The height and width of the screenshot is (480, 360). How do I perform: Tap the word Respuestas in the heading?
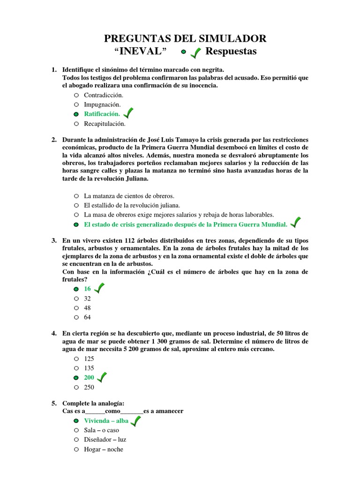pyautogui.click(x=232, y=51)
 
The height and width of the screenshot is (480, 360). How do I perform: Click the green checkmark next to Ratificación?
pyautogui.click(x=127, y=113)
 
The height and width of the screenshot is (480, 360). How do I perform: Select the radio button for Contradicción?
pyautogui.click(x=76, y=95)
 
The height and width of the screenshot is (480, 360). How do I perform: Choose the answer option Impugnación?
pyautogui.click(x=102, y=105)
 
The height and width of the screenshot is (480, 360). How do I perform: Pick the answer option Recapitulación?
pyautogui.click(x=105, y=124)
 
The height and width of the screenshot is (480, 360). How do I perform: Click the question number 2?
pyautogui.click(x=54, y=140)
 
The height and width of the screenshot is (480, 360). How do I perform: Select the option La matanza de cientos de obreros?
pyautogui.click(x=129, y=195)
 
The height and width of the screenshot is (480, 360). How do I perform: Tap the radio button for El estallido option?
pyautogui.click(x=76, y=205)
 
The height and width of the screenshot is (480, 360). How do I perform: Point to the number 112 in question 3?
pyautogui.click(x=128, y=240)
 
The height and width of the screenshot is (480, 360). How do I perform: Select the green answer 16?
pyautogui.click(x=87, y=289)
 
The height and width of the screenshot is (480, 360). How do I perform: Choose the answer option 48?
pyautogui.click(x=87, y=308)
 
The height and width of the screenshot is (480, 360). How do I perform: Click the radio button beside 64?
pyautogui.click(x=76, y=317)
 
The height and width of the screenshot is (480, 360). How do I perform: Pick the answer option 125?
pyautogui.click(x=89, y=358)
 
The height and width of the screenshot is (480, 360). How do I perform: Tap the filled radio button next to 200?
pyautogui.click(x=76, y=378)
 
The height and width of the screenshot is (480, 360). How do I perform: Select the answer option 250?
pyautogui.click(x=89, y=387)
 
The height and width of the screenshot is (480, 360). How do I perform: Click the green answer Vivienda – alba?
pyautogui.click(x=106, y=420)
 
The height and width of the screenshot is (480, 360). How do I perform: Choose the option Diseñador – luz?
pyautogui.click(x=105, y=440)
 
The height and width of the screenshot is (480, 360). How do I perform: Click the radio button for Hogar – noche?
pyautogui.click(x=76, y=450)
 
